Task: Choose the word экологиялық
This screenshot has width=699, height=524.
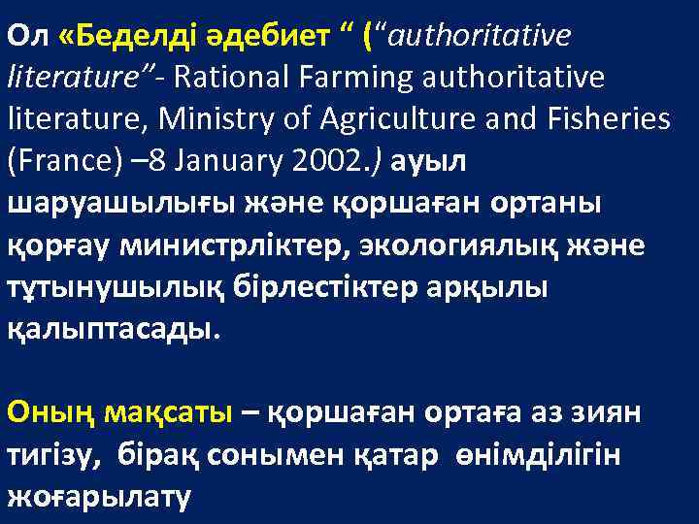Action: tap(438, 246)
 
